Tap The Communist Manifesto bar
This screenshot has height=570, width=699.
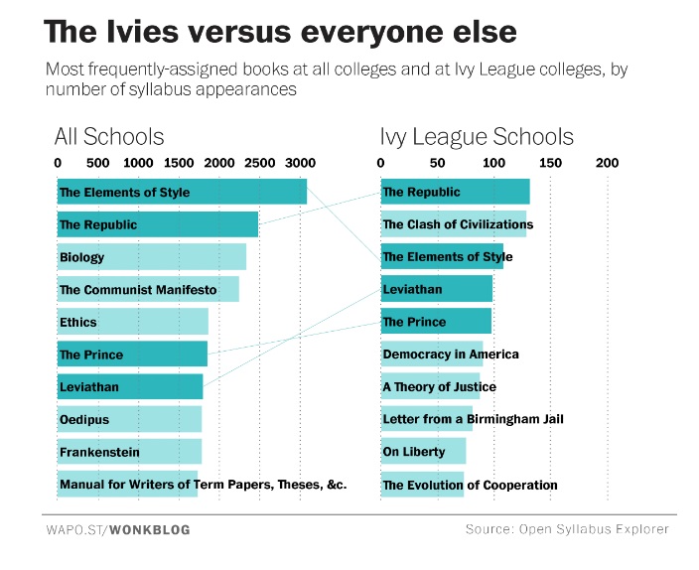pos(147,290)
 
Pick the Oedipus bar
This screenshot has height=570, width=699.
pos(129,419)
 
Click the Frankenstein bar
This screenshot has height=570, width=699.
pos(129,452)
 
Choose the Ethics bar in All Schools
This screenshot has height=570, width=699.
pos(132,322)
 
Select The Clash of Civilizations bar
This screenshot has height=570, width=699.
pos(453,224)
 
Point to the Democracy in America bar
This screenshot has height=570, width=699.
pos(432,354)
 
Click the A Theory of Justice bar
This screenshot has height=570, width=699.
pos(430,386)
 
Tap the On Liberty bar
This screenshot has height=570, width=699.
pos(423,452)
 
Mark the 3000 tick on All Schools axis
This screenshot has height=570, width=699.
pos(299,163)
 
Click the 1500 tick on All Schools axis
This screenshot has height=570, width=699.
pos(179,163)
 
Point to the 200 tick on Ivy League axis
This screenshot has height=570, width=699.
pos(607,163)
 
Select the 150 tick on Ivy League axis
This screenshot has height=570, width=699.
pos(550,163)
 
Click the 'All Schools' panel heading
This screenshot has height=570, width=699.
pos(109,136)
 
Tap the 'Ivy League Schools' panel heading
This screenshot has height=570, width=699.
pos(477,136)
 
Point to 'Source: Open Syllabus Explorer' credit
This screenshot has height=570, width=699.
pos(567,529)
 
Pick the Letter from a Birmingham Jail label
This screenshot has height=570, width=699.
pos(473,419)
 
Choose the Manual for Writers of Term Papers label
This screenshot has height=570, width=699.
pos(203,485)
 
